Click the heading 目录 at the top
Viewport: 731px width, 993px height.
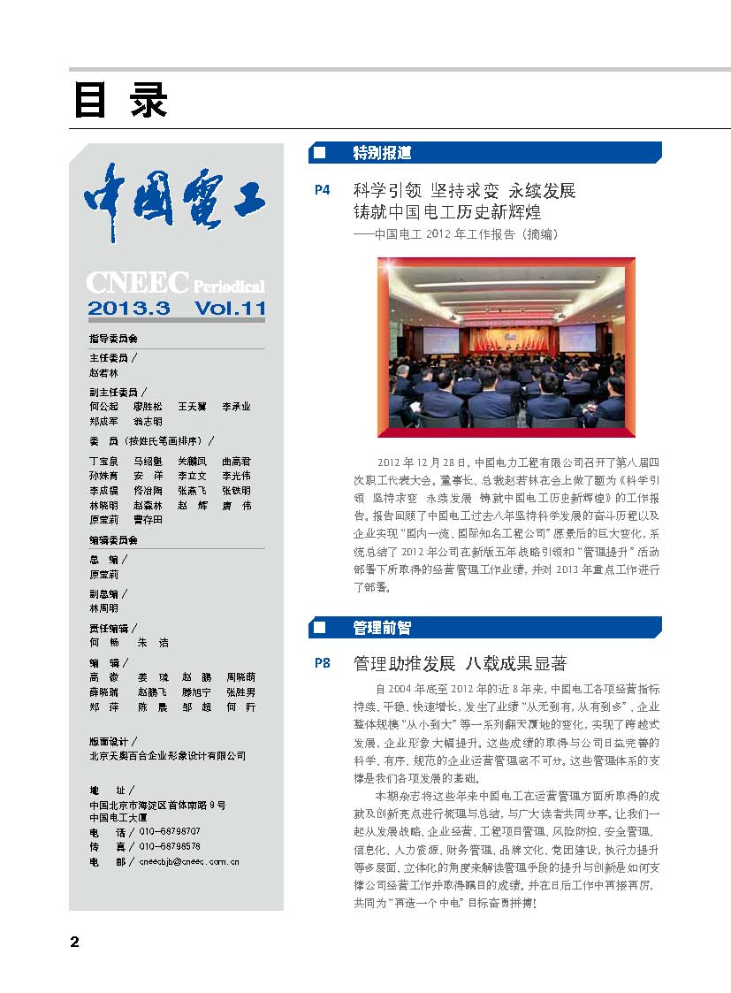(119, 102)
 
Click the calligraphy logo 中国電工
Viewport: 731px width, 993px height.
(175, 201)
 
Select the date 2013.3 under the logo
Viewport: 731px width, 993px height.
(128, 309)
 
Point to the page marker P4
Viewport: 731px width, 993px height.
(322, 190)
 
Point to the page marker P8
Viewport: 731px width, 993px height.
(322, 663)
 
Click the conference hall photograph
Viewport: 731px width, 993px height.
(506, 348)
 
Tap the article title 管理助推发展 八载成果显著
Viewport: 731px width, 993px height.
(460, 663)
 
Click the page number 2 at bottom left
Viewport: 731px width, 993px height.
(75, 942)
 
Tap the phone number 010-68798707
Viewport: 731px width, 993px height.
(170, 832)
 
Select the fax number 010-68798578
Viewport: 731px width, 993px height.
(170, 846)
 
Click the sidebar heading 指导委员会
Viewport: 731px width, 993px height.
(113, 340)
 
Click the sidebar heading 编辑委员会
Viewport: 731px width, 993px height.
(113, 539)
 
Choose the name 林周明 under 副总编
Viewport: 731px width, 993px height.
(103, 608)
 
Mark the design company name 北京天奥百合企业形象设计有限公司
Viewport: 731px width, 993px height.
(167, 756)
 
